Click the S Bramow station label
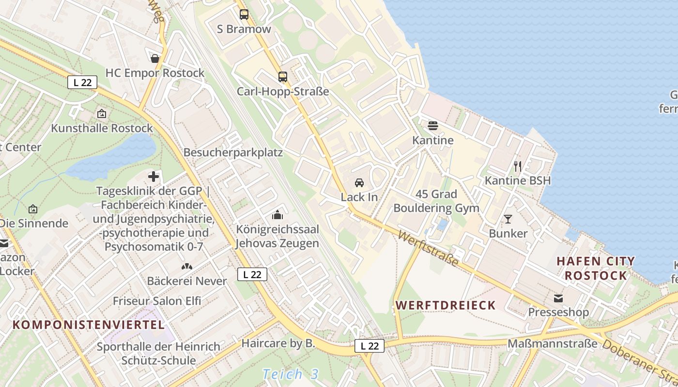(x=244, y=29)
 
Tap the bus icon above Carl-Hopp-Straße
(x=283, y=77)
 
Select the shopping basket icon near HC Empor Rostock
(x=155, y=59)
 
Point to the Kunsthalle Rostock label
(x=102, y=128)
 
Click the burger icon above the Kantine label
(x=433, y=126)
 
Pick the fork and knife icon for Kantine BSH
(x=518, y=166)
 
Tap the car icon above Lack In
(x=359, y=183)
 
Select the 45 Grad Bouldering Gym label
(x=436, y=201)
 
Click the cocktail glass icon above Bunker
(x=508, y=219)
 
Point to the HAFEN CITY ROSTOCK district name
(x=596, y=268)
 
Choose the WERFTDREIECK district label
(x=446, y=305)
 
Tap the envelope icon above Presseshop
(x=559, y=298)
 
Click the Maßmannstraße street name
(x=552, y=344)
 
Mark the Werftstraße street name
(x=428, y=249)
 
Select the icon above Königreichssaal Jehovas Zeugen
(x=277, y=214)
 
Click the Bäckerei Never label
(x=187, y=281)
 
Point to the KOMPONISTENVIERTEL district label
(x=89, y=325)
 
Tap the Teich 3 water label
(x=291, y=374)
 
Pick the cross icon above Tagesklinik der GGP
(x=154, y=177)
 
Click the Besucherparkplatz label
(x=233, y=153)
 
